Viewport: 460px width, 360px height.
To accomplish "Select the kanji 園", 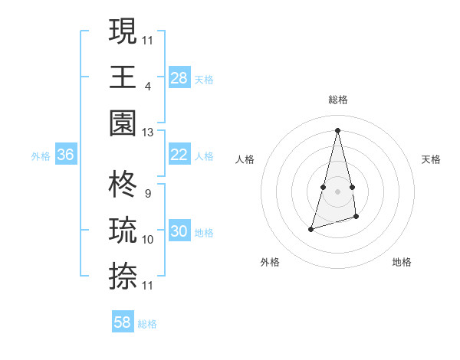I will [123, 123].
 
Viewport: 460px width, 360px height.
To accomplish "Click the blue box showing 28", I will [179, 77].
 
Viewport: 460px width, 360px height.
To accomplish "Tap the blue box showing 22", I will [179, 155].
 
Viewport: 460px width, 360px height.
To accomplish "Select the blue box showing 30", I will [179, 231].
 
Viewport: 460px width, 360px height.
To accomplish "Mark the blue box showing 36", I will [65, 155].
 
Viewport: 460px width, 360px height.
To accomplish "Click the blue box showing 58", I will [122, 322].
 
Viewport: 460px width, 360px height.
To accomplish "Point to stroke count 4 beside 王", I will [148, 87].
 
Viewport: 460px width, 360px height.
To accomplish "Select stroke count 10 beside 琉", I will [148, 240].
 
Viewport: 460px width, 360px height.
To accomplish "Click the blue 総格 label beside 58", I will [147, 324].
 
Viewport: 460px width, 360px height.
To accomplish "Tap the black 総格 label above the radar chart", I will [338, 100].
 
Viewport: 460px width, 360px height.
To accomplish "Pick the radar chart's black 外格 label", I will [270, 262].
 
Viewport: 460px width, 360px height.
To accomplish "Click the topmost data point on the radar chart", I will [337, 129].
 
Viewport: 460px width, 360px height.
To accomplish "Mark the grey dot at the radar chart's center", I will [337, 191].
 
